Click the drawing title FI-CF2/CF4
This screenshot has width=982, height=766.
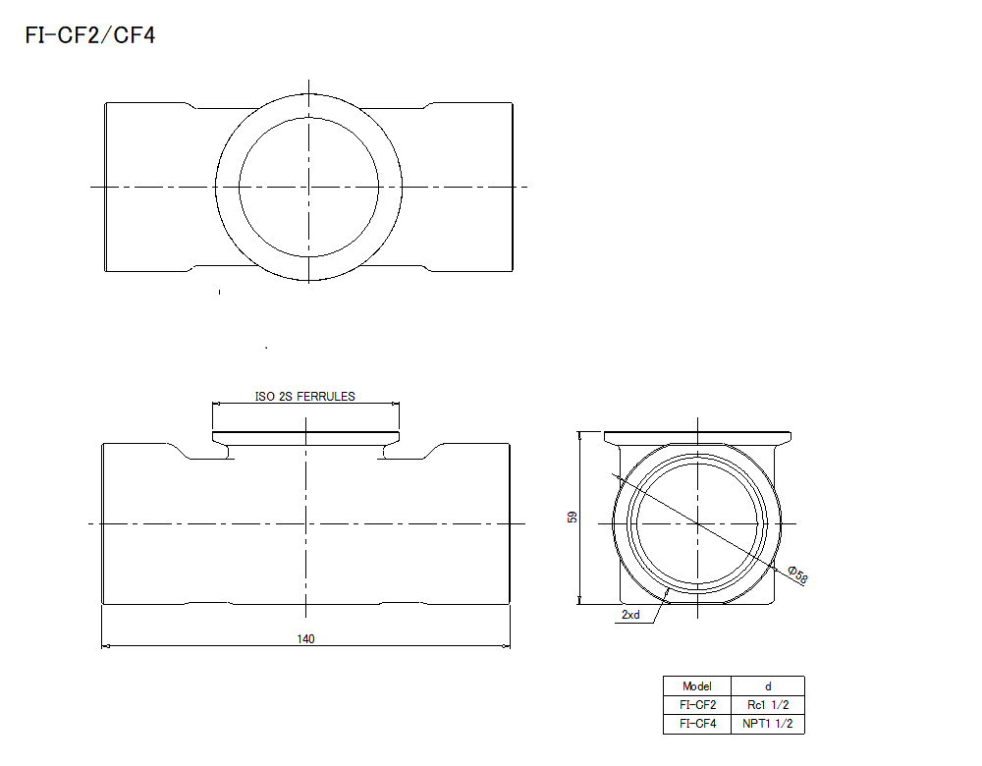pyautogui.click(x=89, y=36)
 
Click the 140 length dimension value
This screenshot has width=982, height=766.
pyautogui.click(x=305, y=638)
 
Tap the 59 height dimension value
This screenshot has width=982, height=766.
pyautogui.click(x=573, y=517)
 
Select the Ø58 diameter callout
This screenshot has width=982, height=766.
pyautogui.click(x=797, y=575)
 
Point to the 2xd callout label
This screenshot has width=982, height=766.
pyautogui.click(x=630, y=615)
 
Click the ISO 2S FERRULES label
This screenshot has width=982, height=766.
pyautogui.click(x=305, y=396)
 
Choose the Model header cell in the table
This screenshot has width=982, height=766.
pyautogui.click(x=696, y=685)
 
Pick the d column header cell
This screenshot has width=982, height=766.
pyautogui.click(x=768, y=685)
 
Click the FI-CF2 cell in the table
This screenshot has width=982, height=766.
pyautogui.click(x=696, y=704)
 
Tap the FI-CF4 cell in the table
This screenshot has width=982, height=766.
pyautogui.click(x=696, y=724)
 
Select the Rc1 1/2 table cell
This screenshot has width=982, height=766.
pyautogui.click(x=768, y=704)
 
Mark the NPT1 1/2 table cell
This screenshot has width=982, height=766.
pyautogui.click(x=768, y=724)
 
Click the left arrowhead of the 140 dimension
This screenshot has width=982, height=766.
pyautogui.click(x=105, y=645)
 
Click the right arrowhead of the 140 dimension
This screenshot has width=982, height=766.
pyautogui.click(x=508, y=645)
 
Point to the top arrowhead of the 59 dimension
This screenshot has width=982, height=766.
pyautogui.click(x=580, y=435)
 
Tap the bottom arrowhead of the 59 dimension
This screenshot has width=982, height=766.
pyautogui.click(x=580, y=601)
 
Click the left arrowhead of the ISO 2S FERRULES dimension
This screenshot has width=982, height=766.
pyautogui.click(x=217, y=403)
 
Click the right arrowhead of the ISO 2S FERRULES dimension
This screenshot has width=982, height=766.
pyautogui.click(x=396, y=403)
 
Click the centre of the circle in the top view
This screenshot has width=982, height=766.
pyautogui.click(x=308, y=186)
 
